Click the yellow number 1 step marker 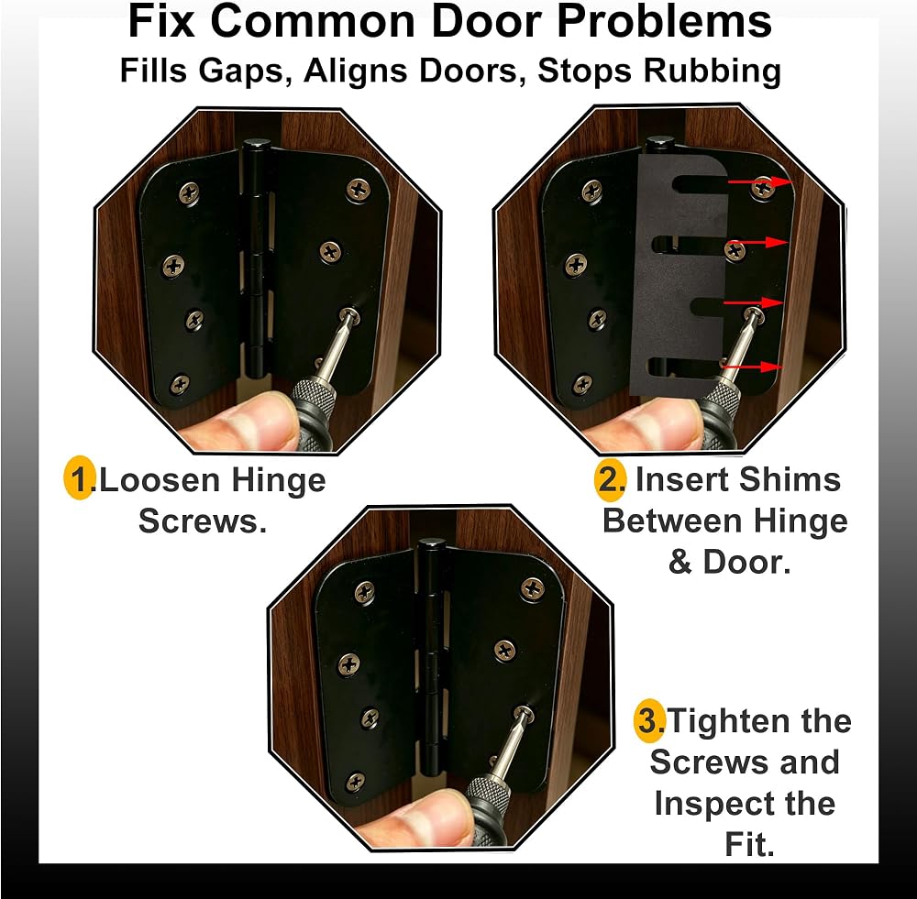(79, 478)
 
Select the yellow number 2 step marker (611, 480)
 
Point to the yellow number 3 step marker (649, 720)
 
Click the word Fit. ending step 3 (750, 844)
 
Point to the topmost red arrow (759, 181)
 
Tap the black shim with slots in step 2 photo (679, 275)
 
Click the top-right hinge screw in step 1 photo (358, 190)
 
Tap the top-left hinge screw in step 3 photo (366, 593)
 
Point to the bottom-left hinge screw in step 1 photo (179, 384)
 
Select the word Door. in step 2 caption (746, 563)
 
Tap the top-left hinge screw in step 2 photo (592, 191)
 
